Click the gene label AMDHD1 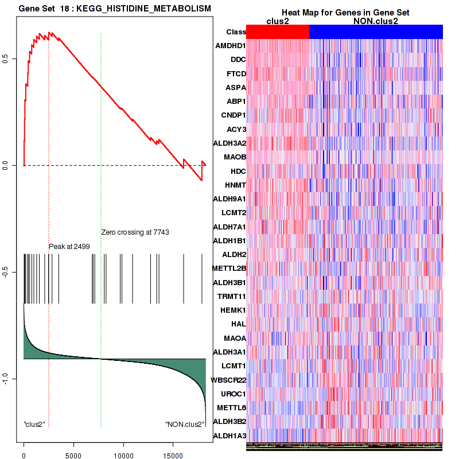click(230, 45)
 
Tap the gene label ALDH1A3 click(229, 436)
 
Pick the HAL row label click(238, 324)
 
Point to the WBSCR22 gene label click(228, 380)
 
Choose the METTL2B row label click(229, 268)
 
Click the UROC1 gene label click(233, 394)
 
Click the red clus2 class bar click(278, 32)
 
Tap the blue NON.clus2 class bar click(376, 32)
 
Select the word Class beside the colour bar click(236, 32)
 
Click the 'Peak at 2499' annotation click(69, 246)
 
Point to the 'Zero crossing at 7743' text click(135, 232)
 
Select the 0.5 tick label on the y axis click(13, 59)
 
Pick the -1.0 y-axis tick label click(13, 379)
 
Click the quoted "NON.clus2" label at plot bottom click(184, 425)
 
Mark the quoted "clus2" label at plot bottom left click(34, 425)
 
